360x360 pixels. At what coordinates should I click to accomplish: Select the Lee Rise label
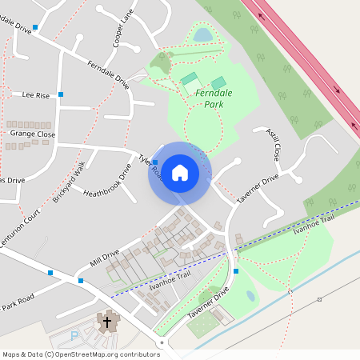coord(36,95)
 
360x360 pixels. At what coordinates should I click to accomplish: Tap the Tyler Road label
coord(150,166)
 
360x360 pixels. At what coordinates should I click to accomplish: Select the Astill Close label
coord(274,142)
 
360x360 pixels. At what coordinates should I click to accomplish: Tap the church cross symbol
coord(106,322)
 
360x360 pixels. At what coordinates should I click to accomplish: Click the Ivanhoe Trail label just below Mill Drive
coord(170,281)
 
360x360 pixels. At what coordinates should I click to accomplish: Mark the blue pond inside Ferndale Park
coord(203,34)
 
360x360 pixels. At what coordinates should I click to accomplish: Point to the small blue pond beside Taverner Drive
coord(250,296)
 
